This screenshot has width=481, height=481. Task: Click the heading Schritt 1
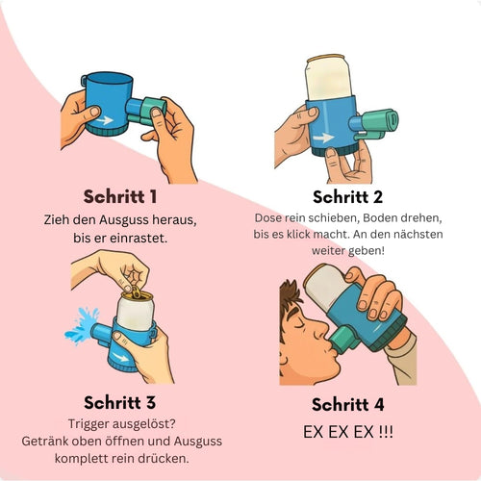point(120,196)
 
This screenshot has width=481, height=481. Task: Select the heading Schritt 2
point(347,196)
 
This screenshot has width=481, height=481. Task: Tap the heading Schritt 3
point(120,402)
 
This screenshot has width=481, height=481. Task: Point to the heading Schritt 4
point(348,404)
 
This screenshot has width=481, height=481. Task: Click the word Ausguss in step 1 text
point(123,220)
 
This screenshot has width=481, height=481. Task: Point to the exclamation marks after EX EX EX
point(386,431)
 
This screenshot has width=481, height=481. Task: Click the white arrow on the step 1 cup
point(104,120)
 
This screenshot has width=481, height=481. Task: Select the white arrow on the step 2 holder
point(323,138)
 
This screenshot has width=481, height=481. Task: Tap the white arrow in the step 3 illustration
point(123,357)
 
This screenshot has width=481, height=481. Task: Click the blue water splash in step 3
point(82,325)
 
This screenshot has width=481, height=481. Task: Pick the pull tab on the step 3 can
point(136,292)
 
